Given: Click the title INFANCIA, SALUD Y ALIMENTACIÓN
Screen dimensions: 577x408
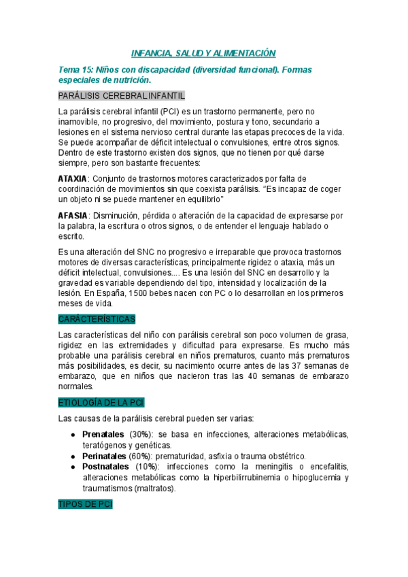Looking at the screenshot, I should [203, 52].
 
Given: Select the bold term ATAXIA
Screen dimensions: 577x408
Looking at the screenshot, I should [72, 178].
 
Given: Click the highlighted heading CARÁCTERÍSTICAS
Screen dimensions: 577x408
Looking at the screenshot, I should [97, 318].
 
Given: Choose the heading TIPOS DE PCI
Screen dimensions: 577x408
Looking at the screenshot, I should [85, 505].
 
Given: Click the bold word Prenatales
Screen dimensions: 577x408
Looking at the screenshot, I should [103, 434].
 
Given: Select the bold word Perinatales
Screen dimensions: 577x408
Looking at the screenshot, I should [103, 455].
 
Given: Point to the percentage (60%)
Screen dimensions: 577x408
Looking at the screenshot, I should [140, 455].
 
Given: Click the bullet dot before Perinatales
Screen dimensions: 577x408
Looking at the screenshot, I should [73, 455].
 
